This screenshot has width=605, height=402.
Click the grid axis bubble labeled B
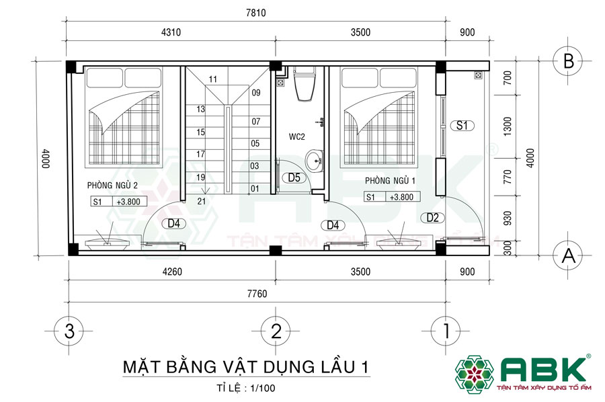pyautogui.click(x=567, y=62)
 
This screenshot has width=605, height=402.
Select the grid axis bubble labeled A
pyautogui.click(x=567, y=255)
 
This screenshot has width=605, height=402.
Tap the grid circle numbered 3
pyautogui.click(x=69, y=331)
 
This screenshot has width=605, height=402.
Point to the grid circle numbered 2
pyautogui.click(x=276, y=331)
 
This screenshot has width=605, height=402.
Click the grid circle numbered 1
pyautogui.click(x=446, y=331)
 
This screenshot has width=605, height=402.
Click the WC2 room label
pyautogui.click(x=297, y=137)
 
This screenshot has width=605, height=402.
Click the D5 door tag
pyautogui.click(x=294, y=178)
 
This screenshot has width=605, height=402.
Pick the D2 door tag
pyautogui.click(x=432, y=217)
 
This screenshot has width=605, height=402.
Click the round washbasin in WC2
pyautogui.click(x=314, y=161)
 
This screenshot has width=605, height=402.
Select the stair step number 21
pyautogui.click(x=201, y=201)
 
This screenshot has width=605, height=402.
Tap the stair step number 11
pyautogui.click(x=213, y=79)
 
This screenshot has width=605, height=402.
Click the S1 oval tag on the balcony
pyautogui.click(x=462, y=125)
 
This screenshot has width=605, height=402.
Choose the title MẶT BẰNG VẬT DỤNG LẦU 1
pyautogui.click(x=246, y=367)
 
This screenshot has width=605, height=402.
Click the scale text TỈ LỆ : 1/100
pyautogui.click(x=246, y=388)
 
